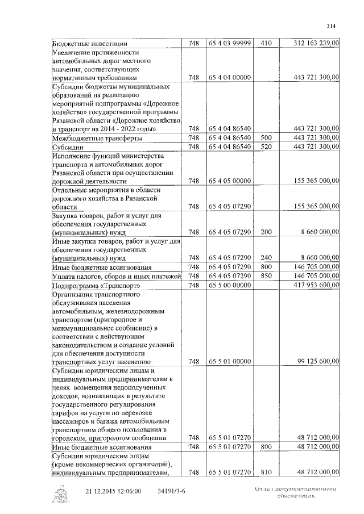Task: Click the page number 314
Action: point(332,26)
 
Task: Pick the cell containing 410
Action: point(266,43)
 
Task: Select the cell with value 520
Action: point(266,147)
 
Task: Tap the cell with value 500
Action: point(266,138)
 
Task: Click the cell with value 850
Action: point(266,275)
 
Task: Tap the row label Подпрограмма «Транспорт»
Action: point(96,285)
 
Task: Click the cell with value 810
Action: point(266,472)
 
